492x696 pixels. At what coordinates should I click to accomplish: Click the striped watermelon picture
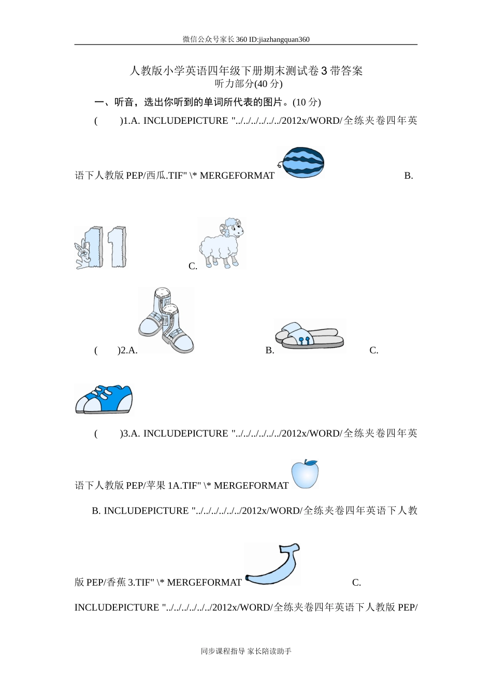pos(301,162)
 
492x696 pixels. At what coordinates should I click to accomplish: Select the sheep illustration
pos(222,243)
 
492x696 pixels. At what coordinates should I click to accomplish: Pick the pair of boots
pos(166,321)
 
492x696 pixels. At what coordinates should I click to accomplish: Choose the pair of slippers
pos(310,336)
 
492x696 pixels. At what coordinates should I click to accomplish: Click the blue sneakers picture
pos(104,399)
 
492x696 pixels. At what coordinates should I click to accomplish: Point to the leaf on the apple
pos(311,461)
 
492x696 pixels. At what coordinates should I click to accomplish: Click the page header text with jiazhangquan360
pos(246,39)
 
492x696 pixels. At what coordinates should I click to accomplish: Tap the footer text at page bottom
pos(246,651)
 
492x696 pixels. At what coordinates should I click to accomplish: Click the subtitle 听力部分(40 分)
pos(249,84)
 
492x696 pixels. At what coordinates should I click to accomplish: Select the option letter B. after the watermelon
pos(409,176)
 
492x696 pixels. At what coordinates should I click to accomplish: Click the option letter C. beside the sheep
pos(193,266)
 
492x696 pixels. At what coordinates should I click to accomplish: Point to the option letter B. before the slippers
pos(269,351)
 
